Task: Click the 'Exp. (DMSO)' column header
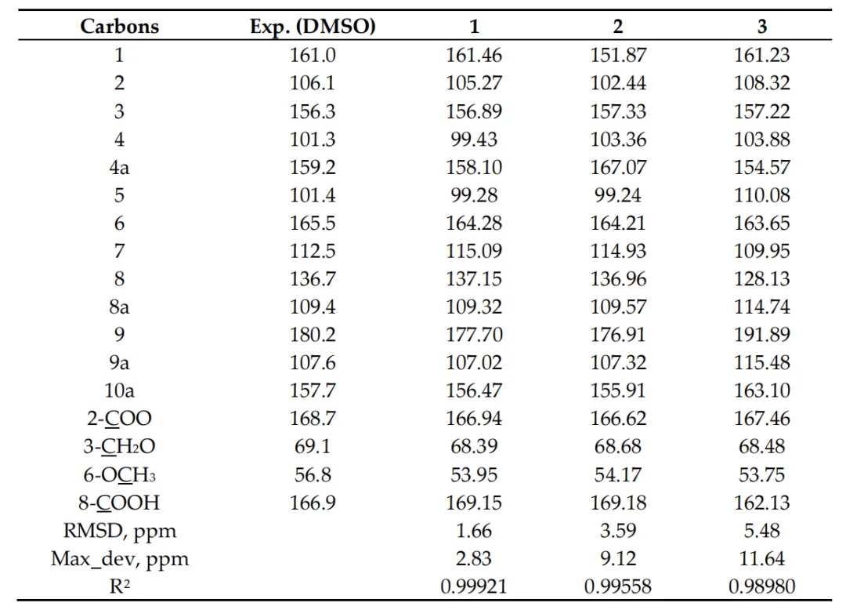point(313,27)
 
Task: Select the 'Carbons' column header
point(119,27)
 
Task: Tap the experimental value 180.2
point(313,335)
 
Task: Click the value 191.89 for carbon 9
point(762,335)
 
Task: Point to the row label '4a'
point(119,167)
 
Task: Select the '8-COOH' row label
point(119,503)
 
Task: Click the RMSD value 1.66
point(474,531)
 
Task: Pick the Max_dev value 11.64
point(762,558)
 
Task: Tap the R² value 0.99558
point(618,586)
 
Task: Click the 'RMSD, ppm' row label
point(119,531)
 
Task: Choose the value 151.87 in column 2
point(618,55)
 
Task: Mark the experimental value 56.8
point(313,474)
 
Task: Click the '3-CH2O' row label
point(119,446)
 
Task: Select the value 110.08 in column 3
point(762,195)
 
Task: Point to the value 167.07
point(618,167)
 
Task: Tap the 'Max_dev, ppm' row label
point(119,559)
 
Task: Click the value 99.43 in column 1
point(474,140)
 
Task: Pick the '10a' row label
point(119,390)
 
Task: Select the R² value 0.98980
point(762,586)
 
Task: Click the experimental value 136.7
point(313,278)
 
